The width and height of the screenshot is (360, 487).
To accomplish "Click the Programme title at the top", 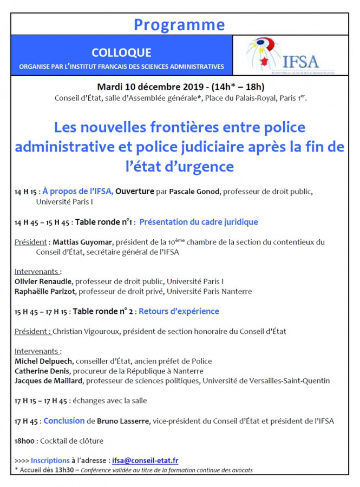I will [179, 24].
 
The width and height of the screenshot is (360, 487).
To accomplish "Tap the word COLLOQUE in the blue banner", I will [121, 53].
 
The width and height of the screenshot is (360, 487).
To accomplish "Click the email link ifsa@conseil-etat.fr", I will [145, 460].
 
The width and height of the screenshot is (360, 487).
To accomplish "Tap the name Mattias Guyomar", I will [78, 242].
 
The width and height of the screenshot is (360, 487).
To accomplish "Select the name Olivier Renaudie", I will [44, 281].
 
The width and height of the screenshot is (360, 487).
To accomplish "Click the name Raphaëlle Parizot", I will [47, 291].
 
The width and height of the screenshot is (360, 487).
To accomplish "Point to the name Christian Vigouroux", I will [84, 331].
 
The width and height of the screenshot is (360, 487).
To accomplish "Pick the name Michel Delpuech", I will [43, 361].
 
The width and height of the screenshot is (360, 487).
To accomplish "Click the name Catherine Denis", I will [43, 371].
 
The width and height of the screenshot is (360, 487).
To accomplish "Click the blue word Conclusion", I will [64, 420].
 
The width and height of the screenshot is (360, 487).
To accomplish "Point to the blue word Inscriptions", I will [50, 460].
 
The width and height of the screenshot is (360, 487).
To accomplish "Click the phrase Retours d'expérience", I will [179, 311].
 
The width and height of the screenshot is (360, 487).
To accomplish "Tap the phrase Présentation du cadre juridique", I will [199, 222].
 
